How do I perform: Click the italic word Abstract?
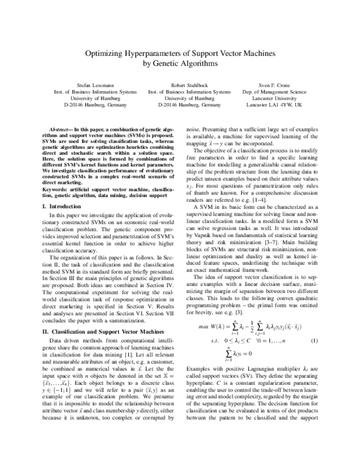[59, 130]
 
